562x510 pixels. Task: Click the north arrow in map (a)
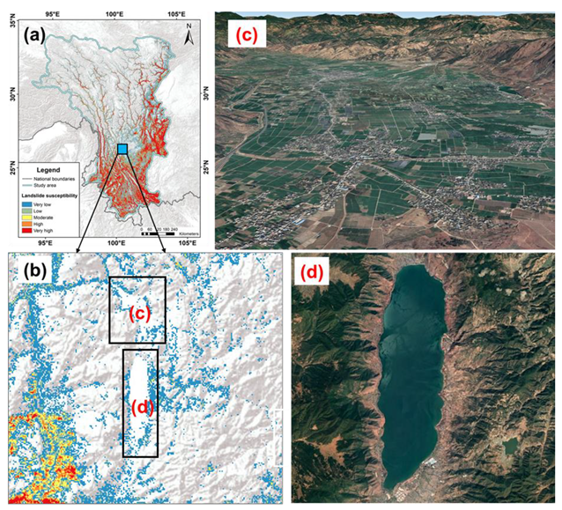(189, 33)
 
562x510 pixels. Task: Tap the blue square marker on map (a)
(122, 148)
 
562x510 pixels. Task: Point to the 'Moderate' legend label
(59, 215)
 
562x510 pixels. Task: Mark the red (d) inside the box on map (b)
(141, 408)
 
